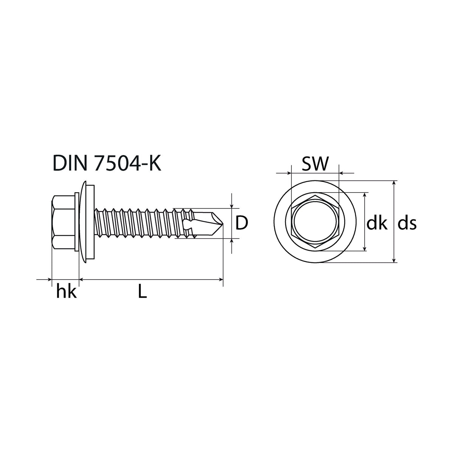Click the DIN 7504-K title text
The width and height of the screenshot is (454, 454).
click(107, 163)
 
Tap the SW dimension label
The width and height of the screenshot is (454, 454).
click(315, 163)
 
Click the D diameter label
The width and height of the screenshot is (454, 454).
click(242, 223)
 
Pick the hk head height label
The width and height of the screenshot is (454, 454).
click(67, 292)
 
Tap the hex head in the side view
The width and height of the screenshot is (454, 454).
click(63, 222)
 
